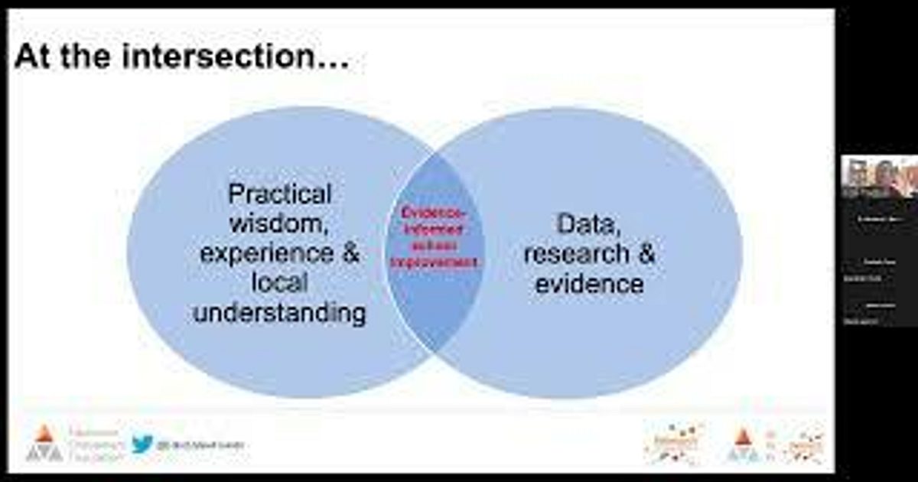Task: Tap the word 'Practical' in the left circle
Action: (280, 194)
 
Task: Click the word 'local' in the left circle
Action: (280, 283)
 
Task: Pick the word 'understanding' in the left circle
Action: (280, 313)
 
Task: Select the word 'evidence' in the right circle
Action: (589, 284)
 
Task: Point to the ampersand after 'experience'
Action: (350, 253)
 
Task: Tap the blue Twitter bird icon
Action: (142, 444)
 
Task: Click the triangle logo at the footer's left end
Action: (44, 444)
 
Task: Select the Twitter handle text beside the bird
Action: (200, 445)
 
